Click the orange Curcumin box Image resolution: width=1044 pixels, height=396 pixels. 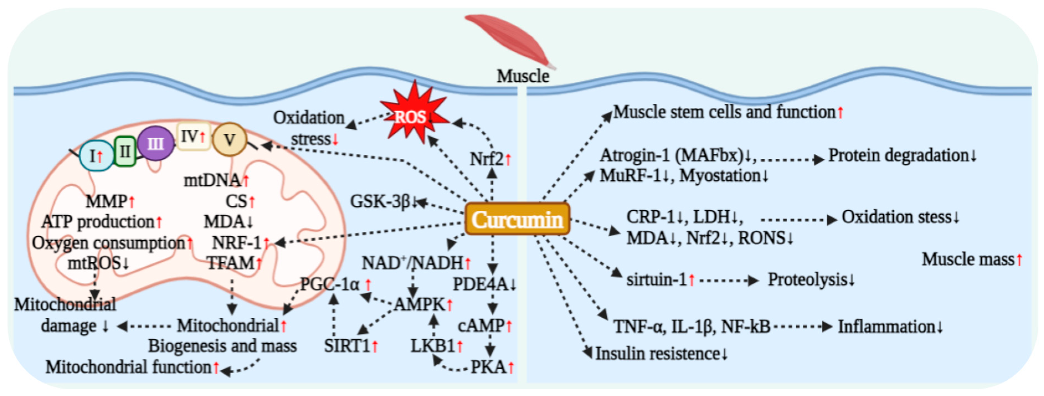click(517, 219)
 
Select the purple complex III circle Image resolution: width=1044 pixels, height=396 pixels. click(156, 143)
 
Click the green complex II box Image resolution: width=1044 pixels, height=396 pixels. click(125, 151)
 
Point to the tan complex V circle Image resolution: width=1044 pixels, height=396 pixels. click(230, 140)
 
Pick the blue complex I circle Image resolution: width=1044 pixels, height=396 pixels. click(96, 155)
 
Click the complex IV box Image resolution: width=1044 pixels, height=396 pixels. click(193, 137)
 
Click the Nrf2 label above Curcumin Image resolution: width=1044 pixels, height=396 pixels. click(486, 159)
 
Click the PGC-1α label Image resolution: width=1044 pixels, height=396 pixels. click(330, 284)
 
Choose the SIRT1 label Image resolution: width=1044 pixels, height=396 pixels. click(347, 346)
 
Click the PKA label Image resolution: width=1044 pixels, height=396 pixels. click(488, 367)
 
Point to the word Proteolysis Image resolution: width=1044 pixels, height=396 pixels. click(807, 280)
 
